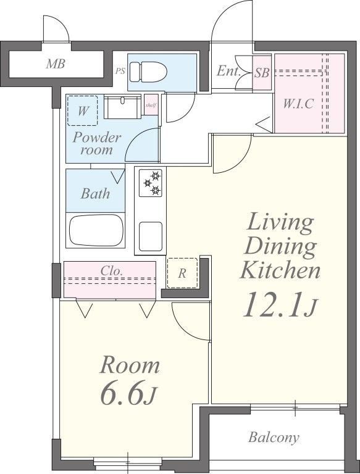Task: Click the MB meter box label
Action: (56, 64)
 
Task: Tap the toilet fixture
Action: (148, 72)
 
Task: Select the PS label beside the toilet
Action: (120, 72)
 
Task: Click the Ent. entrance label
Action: (228, 72)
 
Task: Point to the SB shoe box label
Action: (262, 73)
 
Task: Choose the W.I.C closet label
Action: (298, 104)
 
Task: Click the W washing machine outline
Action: (82, 110)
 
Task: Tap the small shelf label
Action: (151, 105)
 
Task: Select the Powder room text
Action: (97, 144)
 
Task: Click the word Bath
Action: (95, 193)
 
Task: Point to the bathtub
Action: (96, 230)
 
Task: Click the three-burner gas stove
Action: (150, 183)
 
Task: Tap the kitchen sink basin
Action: (150, 237)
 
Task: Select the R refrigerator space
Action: (182, 273)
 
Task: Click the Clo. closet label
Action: (112, 270)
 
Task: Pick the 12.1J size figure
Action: (280, 305)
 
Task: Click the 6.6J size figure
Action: (128, 394)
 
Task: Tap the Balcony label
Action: (274, 438)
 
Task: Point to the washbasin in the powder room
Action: (122, 107)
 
